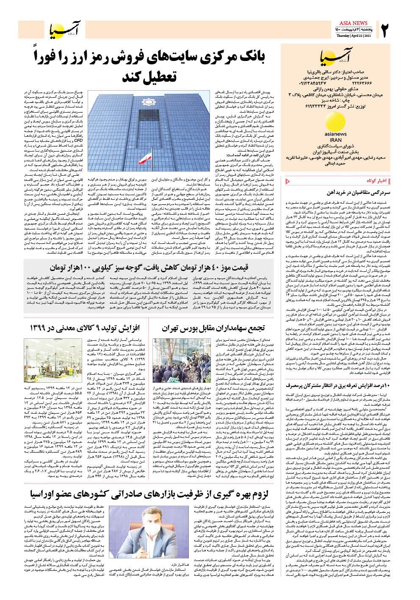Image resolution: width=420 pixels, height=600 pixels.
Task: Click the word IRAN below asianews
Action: [335, 139]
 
